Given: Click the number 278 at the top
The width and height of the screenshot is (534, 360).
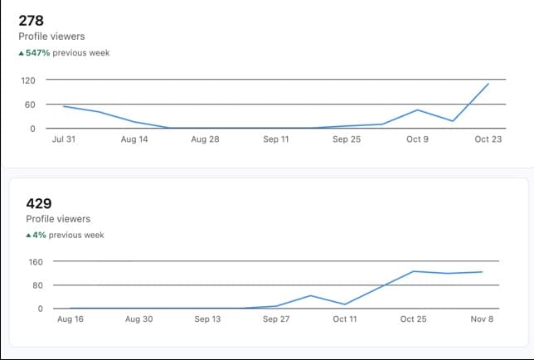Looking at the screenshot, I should click(x=31, y=21).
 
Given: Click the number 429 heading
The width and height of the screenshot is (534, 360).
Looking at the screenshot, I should click(x=38, y=203).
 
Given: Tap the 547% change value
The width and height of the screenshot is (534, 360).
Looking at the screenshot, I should click(x=38, y=53).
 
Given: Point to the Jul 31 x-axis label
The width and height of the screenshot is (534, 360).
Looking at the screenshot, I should click(x=63, y=139).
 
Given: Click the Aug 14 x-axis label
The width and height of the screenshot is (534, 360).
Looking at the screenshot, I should click(x=134, y=139).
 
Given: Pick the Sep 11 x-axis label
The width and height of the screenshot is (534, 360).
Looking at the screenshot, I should click(x=275, y=139).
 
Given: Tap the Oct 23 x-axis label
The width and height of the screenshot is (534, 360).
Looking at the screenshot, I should click(x=488, y=139).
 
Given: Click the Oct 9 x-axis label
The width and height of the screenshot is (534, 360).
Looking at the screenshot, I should click(x=416, y=139).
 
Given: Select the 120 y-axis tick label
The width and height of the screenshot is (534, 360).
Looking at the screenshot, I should click(x=28, y=80).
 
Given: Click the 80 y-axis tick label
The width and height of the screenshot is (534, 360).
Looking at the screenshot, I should click(x=36, y=285).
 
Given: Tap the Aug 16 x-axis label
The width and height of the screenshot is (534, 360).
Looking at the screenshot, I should click(x=70, y=319).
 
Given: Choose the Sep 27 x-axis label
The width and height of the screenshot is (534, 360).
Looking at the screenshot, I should click(x=277, y=319).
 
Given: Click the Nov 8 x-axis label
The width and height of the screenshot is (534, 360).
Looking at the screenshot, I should click(x=482, y=319).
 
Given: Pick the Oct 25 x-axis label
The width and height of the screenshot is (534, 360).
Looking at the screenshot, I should click(x=413, y=319).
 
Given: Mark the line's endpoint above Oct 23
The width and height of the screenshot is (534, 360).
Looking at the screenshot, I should click(x=488, y=84).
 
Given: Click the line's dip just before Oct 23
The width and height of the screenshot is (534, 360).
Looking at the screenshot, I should click(x=453, y=121).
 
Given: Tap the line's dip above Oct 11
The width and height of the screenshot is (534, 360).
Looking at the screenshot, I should click(x=345, y=304).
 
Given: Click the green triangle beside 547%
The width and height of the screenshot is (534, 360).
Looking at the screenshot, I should click(x=22, y=53).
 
